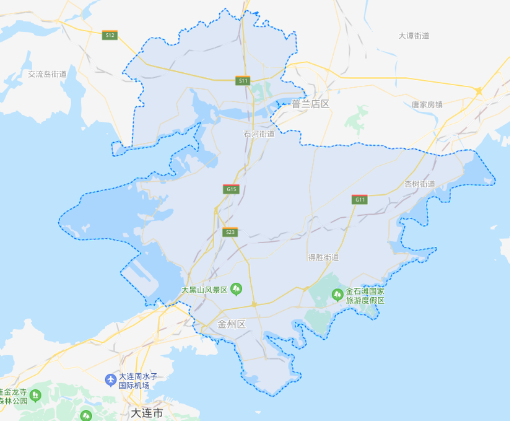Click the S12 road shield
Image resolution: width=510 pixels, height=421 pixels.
tap(109, 35)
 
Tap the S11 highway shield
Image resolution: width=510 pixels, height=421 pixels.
tap(243, 81)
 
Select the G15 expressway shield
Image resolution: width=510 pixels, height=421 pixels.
tap(231, 189)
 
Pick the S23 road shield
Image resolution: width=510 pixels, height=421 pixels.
tap(230, 232)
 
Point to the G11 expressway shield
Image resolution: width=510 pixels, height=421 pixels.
tap(359, 200)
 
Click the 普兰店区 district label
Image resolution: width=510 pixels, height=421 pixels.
tap(311, 104)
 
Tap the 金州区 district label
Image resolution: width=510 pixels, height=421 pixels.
tap(232, 325)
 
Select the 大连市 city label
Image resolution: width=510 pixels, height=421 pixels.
tap(146, 413)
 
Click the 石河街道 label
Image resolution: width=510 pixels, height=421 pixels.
tap(259, 134)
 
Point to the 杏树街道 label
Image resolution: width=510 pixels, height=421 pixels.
tap(420, 184)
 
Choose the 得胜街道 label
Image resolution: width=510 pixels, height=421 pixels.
tap(323, 257)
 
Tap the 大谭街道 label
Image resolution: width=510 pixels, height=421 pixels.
tap(414, 36)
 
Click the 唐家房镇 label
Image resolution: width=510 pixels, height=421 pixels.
tap(427, 104)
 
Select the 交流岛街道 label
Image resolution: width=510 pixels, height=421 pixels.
tap(47, 74)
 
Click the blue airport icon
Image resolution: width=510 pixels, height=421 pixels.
tap(111, 380)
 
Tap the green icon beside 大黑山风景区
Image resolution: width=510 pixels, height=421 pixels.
tap(237, 288)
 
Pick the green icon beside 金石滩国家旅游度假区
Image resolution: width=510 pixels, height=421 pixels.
tap(337, 295)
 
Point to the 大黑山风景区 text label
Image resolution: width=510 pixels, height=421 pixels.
tap(204, 290)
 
